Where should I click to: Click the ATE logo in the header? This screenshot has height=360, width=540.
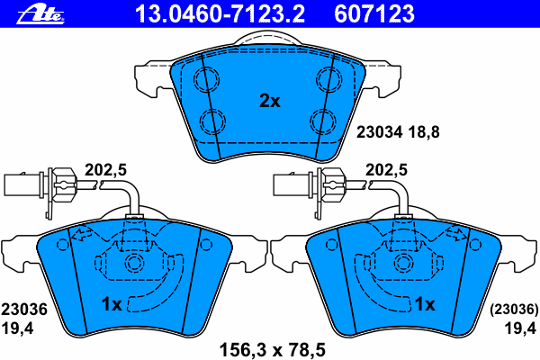(40, 15)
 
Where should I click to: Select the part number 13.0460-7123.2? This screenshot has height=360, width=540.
(220, 14)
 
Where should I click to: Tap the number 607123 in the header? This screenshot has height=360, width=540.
(374, 14)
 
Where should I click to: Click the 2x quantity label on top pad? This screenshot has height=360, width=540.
(270, 101)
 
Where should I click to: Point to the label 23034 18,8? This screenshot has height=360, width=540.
(398, 132)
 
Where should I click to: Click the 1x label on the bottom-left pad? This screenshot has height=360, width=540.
(112, 304)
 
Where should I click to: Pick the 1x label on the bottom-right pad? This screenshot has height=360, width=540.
(425, 304)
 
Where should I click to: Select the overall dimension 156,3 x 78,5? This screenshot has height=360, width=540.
(272, 350)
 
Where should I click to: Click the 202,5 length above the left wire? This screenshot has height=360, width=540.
(105, 170)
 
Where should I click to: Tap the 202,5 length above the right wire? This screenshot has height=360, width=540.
(386, 170)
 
